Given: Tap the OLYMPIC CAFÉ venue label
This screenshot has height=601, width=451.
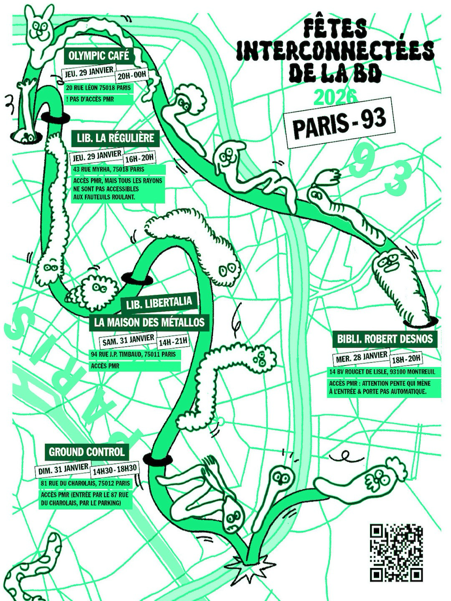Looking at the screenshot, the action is coord(99,56).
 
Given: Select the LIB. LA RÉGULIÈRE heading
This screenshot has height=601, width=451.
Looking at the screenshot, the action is coord(116,138).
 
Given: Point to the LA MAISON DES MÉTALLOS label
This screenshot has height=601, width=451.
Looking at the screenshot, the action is coord(149,322).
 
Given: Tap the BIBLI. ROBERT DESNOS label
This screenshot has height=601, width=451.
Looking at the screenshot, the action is coord(385,339).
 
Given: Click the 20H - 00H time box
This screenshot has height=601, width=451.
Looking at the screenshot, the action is coord(130,73).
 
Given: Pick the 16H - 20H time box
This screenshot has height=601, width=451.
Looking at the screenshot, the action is coord(138,158).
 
